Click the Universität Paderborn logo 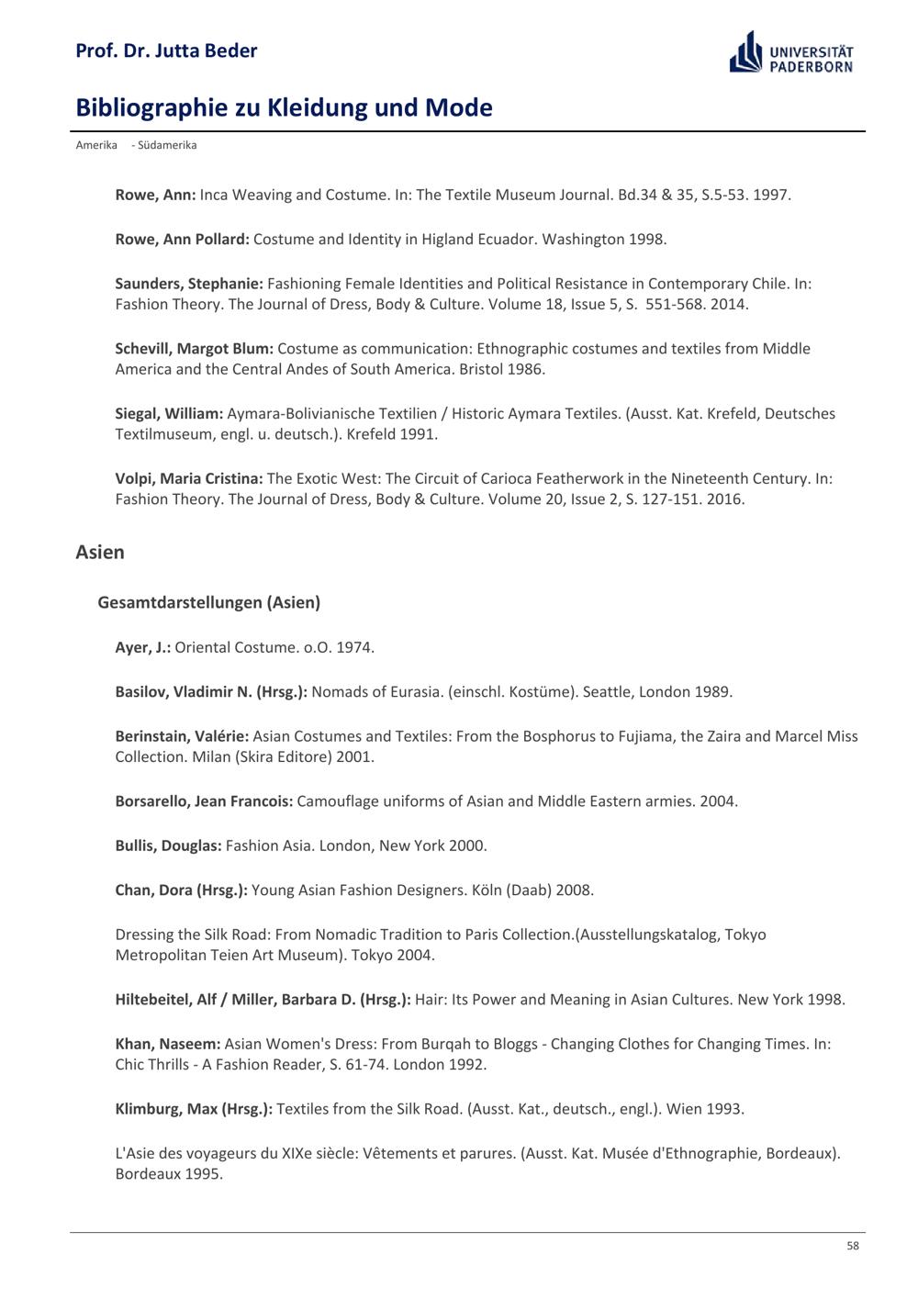click(791, 52)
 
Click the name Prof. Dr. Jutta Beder click(166, 50)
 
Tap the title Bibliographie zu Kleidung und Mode click(284, 108)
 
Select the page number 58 click(853, 1246)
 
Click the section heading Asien click(100, 553)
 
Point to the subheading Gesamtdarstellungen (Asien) click(208, 603)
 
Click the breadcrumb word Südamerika click(167, 145)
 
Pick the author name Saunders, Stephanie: click(189, 284)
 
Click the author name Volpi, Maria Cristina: click(189, 478)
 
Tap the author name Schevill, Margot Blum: click(195, 349)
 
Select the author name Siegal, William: click(169, 414)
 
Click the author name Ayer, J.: click(143, 647)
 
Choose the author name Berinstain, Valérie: click(182, 736)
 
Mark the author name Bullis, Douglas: click(168, 845)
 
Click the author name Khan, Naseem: click(168, 1044)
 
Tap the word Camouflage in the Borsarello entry click(338, 801)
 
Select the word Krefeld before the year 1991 click(371, 434)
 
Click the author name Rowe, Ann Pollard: click(182, 240)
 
